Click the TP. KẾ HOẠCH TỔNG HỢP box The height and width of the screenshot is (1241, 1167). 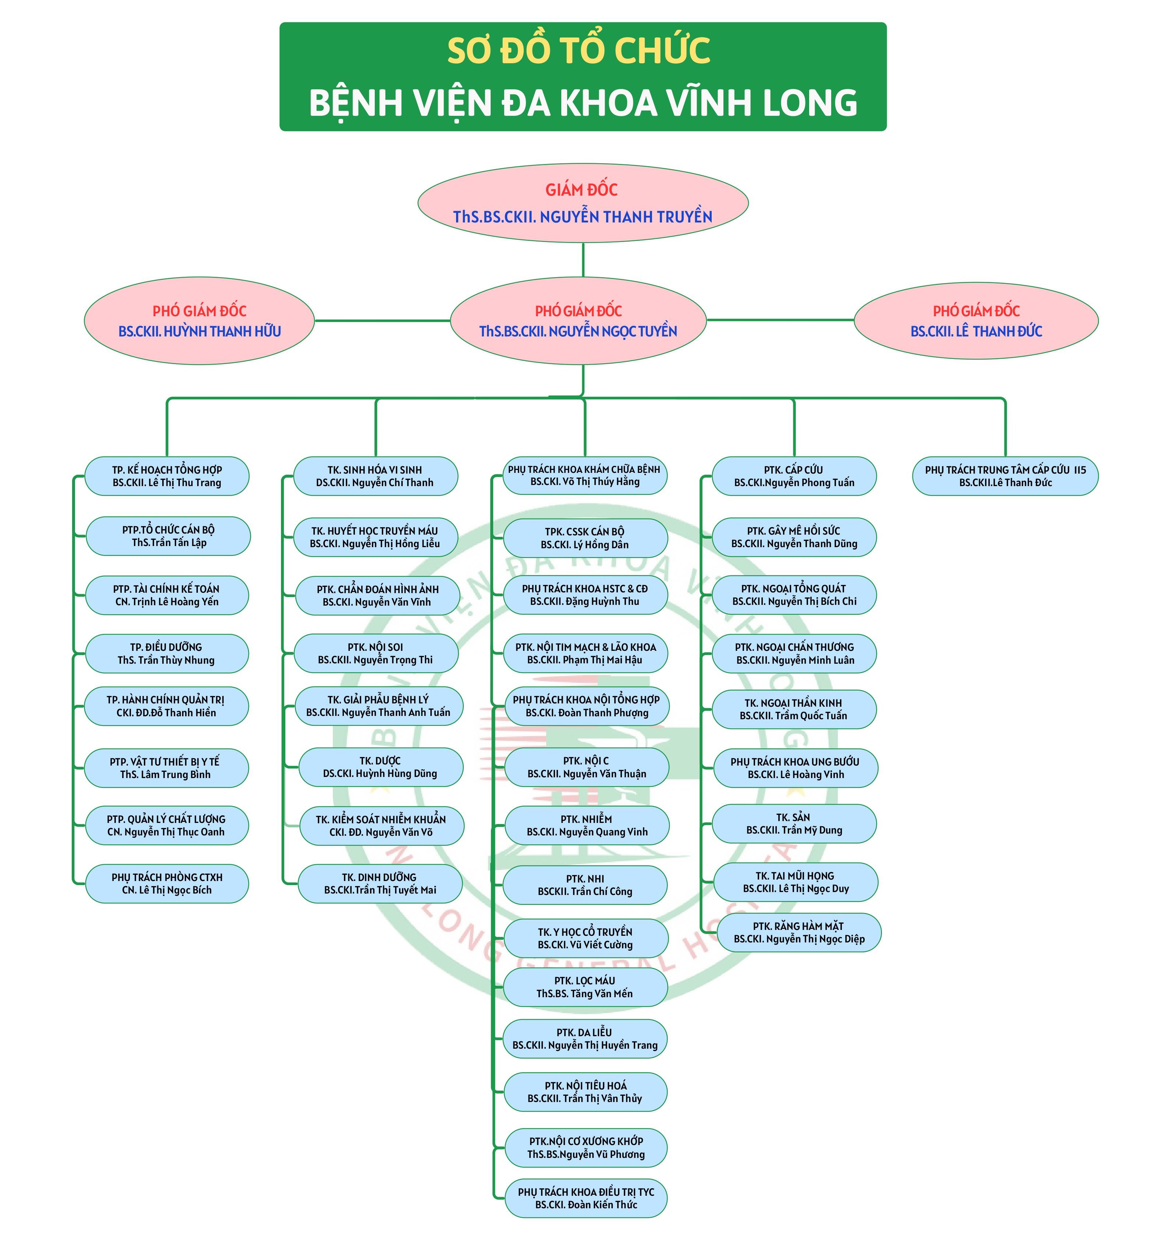click(x=167, y=476)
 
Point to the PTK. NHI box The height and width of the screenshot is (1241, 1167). click(x=585, y=885)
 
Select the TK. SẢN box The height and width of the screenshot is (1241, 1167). click(x=794, y=824)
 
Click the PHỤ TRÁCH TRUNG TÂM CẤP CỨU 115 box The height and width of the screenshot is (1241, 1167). click(x=1005, y=476)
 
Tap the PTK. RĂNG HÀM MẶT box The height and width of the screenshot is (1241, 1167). click(x=799, y=932)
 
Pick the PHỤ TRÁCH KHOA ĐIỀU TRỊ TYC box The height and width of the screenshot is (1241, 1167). click(x=586, y=1199)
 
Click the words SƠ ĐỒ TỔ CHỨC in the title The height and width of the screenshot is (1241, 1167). click(x=579, y=51)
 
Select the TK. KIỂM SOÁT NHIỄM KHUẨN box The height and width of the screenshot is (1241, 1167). click(x=381, y=826)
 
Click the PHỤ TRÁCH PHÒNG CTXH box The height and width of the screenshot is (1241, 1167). click(x=167, y=884)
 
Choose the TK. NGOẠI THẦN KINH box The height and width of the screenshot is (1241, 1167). click(x=794, y=709)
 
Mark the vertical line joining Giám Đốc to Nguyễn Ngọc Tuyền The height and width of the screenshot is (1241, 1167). click(x=583, y=260)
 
